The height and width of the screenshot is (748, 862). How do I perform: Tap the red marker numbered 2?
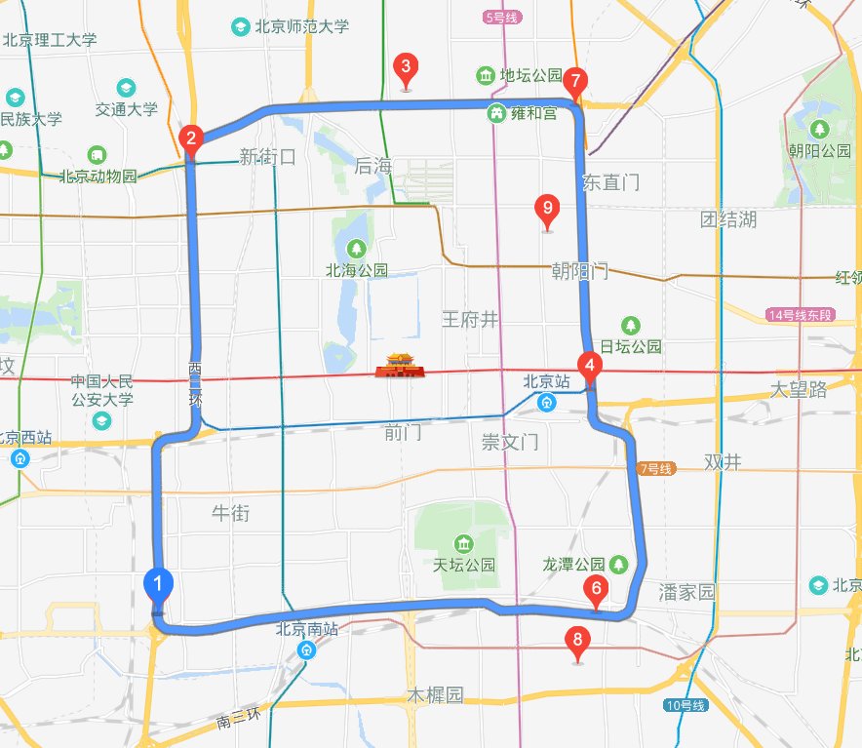coord(191,138)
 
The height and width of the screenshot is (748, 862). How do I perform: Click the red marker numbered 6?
coord(594,588)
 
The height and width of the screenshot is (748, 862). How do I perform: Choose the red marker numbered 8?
coord(578,640)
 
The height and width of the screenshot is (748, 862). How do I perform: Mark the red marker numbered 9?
coord(547,208)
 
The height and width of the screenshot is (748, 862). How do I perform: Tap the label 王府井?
coord(470,319)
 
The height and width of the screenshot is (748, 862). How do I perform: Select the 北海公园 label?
coord(357,270)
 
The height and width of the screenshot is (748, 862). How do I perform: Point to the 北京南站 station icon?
coord(307,650)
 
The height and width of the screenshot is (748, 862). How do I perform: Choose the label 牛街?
coord(231,512)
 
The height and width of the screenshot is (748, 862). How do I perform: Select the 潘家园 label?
coord(687,592)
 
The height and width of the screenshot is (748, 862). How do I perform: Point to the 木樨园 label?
coord(434,695)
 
